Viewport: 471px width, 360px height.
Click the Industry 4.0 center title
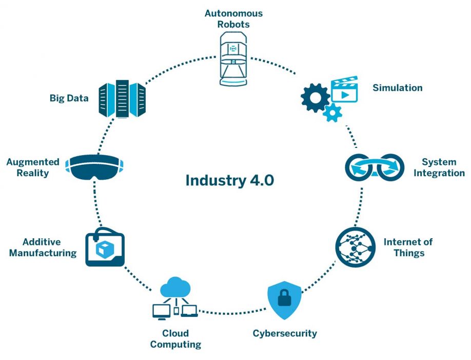pos(230,180)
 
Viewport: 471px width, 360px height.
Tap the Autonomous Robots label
pos(233,18)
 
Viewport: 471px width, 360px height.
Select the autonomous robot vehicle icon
pos(233,59)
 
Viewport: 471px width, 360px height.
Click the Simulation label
pos(398,88)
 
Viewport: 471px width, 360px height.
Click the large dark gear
pos(315,98)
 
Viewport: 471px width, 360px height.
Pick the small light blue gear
pos(332,112)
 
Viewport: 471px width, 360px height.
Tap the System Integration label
pos(439,167)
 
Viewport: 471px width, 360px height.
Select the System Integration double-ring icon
pos(375,167)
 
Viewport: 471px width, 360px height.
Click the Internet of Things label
pos(408,247)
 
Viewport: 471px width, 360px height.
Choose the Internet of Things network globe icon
pos(356,247)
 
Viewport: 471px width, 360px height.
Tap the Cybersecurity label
pos(285,333)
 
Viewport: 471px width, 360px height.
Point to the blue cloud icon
pos(175,287)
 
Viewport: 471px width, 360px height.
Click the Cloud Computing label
pos(175,338)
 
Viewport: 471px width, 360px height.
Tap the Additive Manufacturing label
pos(43,247)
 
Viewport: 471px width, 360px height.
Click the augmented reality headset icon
pos(94,167)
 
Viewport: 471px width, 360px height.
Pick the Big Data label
pos(69,98)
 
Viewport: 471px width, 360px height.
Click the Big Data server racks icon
pos(122,99)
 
